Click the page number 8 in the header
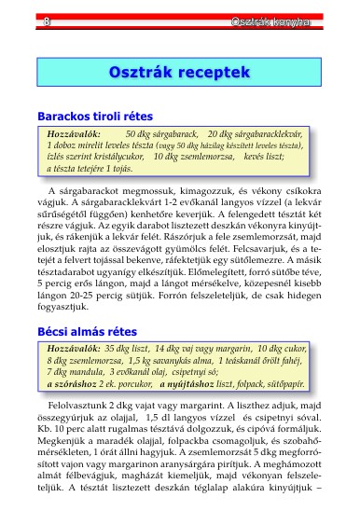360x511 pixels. click(x=47, y=21)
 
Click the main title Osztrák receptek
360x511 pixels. click(x=180, y=72)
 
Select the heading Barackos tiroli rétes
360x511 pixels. click(x=93, y=117)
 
